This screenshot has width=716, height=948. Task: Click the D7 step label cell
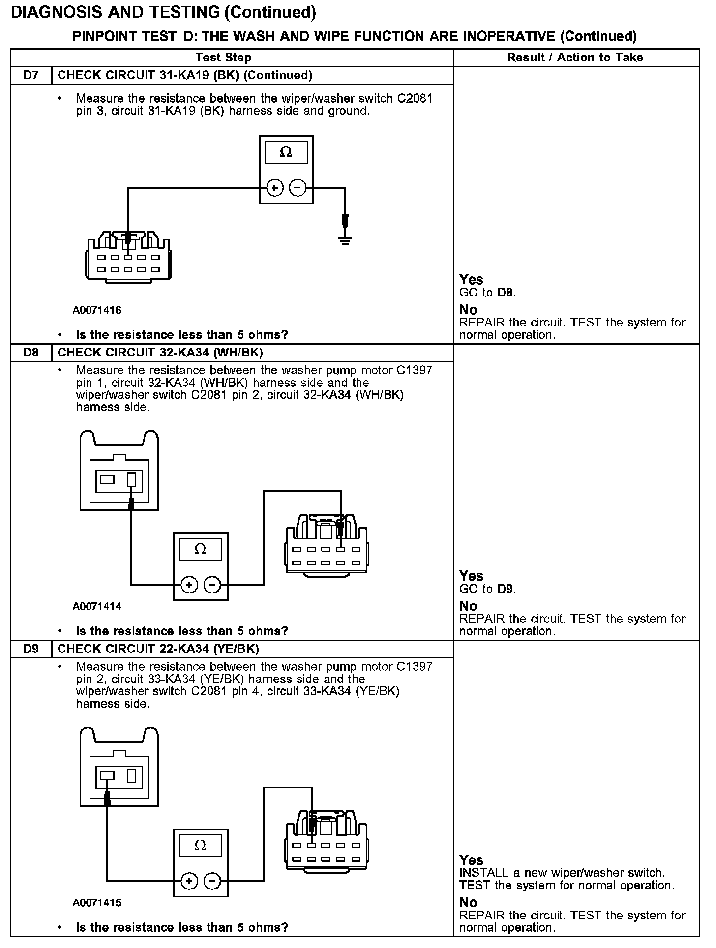[x=30, y=75]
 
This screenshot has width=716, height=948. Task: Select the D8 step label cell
[x=30, y=353]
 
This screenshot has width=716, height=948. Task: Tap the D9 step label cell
[x=30, y=649]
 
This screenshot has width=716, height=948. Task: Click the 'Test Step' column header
[x=223, y=58]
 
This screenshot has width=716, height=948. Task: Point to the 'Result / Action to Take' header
[x=575, y=58]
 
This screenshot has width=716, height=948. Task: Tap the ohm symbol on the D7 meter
[x=286, y=152]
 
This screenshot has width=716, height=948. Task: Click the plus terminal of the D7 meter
[x=274, y=188]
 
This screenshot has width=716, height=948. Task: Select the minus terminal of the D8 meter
[x=212, y=585]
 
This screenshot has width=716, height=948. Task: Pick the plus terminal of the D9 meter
[x=189, y=881]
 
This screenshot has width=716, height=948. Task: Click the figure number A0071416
[x=97, y=310]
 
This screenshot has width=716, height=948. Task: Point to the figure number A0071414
[x=97, y=606]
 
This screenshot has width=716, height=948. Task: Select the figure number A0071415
[x=97, y=903]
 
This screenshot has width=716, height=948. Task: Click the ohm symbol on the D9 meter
[x=200, y=846]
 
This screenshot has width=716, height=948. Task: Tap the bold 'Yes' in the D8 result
[x=471, y=576]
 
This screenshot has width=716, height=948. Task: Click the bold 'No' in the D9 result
[x=468, y=902]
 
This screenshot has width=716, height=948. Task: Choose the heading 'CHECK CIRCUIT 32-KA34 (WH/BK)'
[x=160, y=353]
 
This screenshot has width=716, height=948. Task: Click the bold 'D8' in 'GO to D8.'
[x=505, y=293]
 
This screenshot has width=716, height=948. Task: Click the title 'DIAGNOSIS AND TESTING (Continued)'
[x=163, y=13]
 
